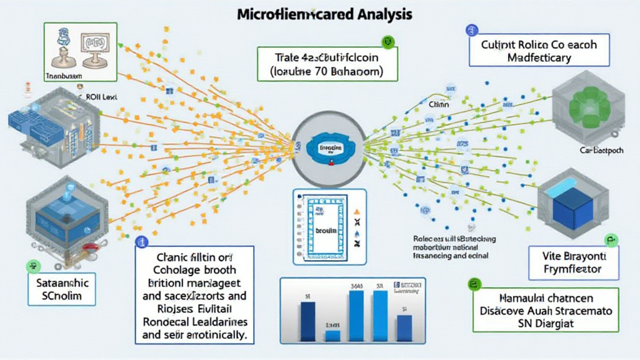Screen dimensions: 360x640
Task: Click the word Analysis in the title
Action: pyautogui.click(x=373, y=12)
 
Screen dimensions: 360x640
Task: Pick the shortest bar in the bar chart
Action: pyautogui.click(x=333, y=335)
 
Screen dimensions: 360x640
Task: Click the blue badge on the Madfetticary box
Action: pyautogui.click(x=471, y=30)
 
